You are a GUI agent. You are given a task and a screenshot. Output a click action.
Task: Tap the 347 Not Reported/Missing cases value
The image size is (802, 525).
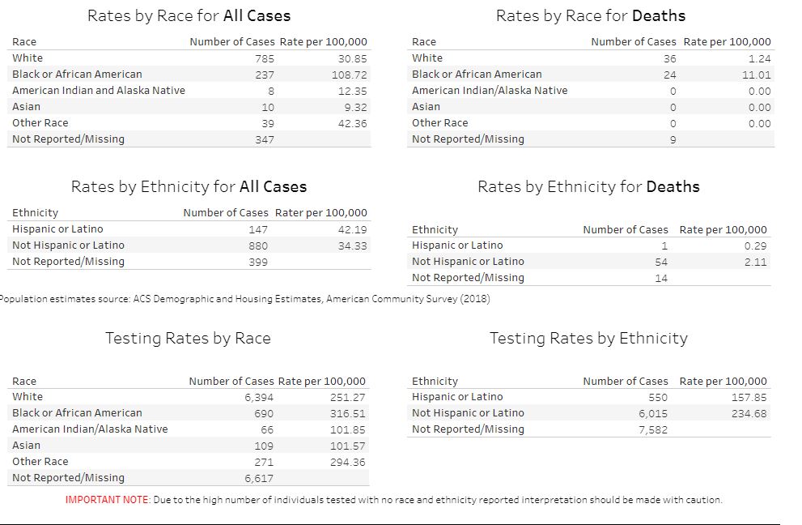(x=264, y=139)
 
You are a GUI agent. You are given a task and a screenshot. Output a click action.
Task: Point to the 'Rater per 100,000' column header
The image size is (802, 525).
(x=320, y=213)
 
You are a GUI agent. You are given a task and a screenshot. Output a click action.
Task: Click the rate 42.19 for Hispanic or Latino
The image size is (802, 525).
(x=352, y=229)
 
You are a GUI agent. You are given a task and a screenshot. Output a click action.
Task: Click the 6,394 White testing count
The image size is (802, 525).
(x=259, y=397)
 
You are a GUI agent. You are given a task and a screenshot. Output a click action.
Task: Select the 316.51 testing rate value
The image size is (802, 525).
(x=347, y=413)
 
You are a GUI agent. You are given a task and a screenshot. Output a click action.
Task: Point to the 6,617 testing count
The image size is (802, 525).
(x=259, y=478)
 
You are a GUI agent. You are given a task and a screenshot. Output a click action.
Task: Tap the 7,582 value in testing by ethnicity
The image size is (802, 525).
(x=652, y=429)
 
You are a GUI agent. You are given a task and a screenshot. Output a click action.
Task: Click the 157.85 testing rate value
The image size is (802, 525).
(x=749, y=397)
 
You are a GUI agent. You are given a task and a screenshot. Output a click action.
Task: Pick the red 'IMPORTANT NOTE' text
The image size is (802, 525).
(x=107, y=500)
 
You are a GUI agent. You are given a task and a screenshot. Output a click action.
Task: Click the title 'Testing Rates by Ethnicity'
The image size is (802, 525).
(x=588, y=339)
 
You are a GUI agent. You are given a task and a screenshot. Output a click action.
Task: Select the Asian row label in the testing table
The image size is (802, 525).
(x=26, y=446)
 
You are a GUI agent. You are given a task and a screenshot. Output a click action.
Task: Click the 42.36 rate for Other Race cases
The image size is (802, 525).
(x=352, y=123)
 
